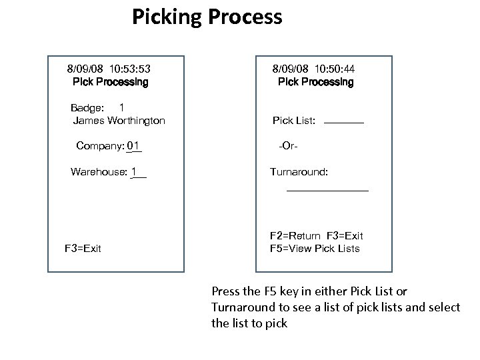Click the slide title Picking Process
207,17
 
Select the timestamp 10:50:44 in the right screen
333,68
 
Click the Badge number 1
122,107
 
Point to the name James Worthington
119,121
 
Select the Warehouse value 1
134,172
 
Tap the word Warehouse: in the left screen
99,172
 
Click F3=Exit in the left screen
83,249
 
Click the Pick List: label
294,121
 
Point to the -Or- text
287,146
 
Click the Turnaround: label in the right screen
299,172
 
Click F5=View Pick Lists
315,249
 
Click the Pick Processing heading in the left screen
111,83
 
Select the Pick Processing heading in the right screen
315,83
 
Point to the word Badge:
87,108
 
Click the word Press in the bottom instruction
226,291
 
